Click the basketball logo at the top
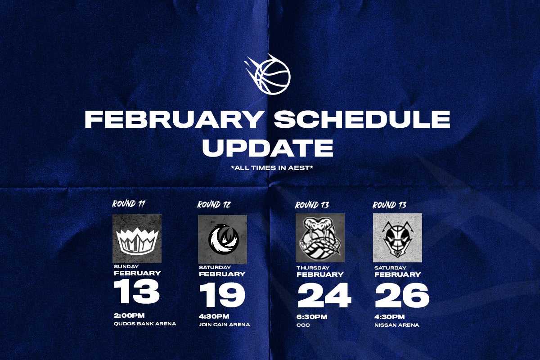click(268, 74)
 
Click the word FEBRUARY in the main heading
click(173, 119)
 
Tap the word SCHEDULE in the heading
click(362, 119)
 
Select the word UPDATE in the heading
click(268, 148)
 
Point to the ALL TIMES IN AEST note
click(272, 168)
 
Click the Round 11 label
click(129, 204)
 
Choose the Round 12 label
click(214, 205)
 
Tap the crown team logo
click(137, 238)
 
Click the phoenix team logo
click(222, 239)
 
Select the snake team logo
click(320, 238)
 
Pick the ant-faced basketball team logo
click(397, 238)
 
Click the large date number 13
click(137, 292)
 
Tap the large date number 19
click(222, 295)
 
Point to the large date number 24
click(324, 295)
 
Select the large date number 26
click(402, 295)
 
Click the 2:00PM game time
click(129, 315)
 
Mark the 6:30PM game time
click(312, 317)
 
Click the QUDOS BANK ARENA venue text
click(145, 324)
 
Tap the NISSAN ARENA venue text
click(396, 325)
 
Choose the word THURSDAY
click(313, 268)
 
